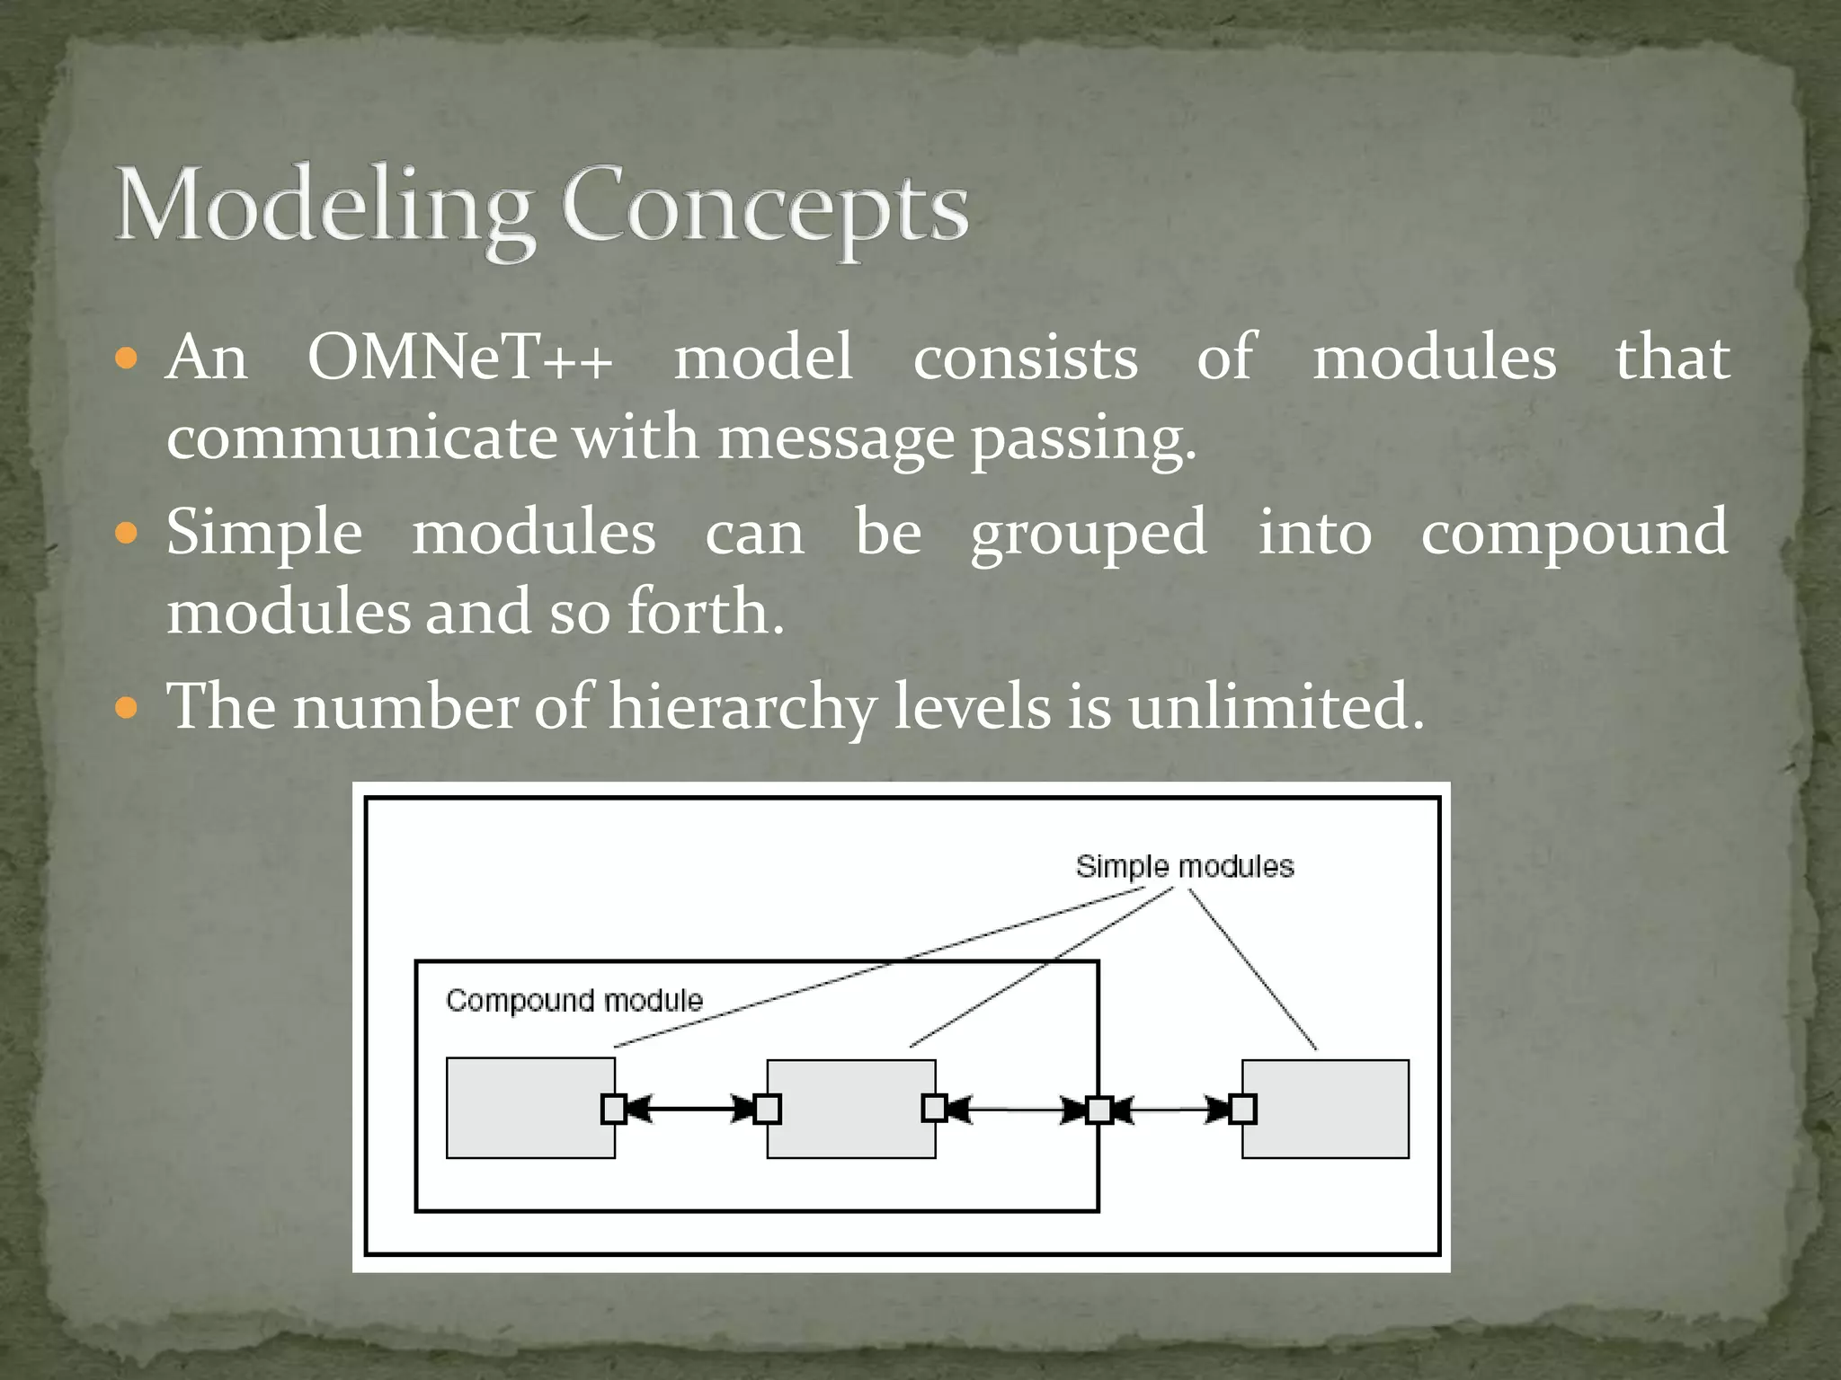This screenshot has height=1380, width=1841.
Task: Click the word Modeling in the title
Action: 324,207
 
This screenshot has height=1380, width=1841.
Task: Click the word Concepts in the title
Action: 764,207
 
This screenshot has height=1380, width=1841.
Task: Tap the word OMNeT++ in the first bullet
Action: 460,358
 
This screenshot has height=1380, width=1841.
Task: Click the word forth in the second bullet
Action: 705,612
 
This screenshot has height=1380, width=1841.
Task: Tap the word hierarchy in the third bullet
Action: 742,707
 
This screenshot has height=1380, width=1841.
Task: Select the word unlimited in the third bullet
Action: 1276,705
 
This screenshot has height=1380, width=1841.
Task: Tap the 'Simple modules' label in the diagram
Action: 1184,866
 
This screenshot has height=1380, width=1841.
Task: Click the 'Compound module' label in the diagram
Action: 574,1000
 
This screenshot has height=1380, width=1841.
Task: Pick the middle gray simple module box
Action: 849,1109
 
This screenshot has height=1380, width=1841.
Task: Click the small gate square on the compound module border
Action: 1098,1110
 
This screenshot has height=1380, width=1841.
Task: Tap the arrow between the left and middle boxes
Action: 689,1110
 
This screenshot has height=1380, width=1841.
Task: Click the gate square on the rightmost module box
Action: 1242,1110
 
